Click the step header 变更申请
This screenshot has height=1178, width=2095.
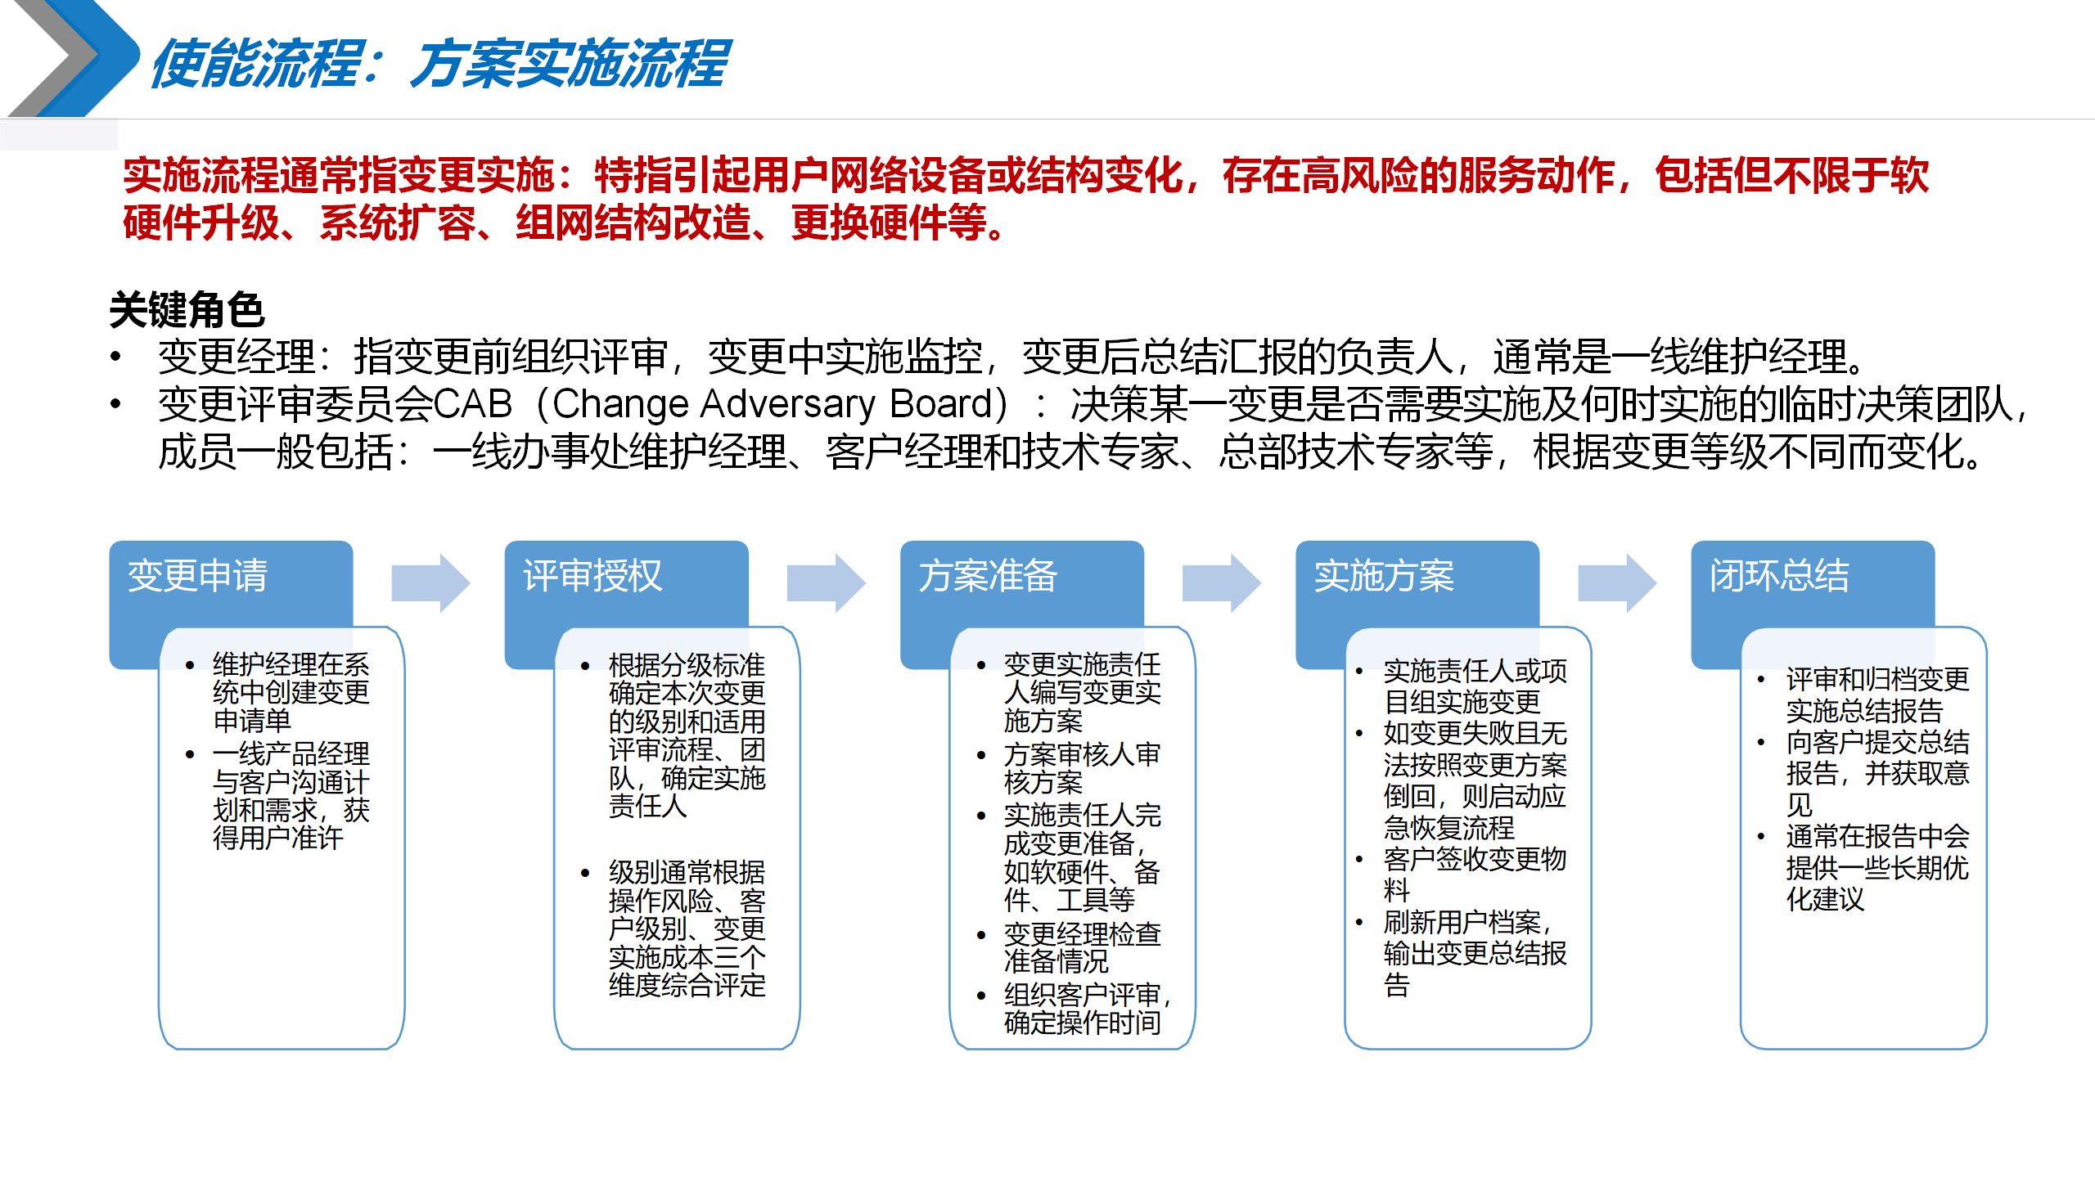tap(198, 576)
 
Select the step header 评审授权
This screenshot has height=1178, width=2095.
tap(592, 576)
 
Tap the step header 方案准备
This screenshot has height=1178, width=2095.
tap(988, 576)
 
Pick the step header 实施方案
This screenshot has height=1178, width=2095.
tap(1384, 576)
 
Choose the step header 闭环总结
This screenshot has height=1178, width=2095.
tap(1779, 576)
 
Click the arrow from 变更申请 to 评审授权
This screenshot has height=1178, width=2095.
tap(430, 583)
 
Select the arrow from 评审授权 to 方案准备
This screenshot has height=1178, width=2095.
tap(826, 583)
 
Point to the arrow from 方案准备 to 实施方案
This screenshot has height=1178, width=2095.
tap(1221, 583)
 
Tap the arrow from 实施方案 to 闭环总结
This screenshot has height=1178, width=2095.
tap(1616, 583)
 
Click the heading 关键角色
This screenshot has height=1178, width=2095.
tap(187, 310)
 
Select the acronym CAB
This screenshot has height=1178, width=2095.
tap(472, 404)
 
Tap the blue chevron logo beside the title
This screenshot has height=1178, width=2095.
tap(74, 59)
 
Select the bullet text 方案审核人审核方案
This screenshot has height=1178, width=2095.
tap(1081, 768)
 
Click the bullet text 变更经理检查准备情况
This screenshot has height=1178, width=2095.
tap(1081, 947)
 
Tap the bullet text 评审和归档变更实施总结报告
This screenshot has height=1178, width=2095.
tap(1876, 695)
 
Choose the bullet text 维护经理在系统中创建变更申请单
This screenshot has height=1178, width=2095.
tap(291, 692)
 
